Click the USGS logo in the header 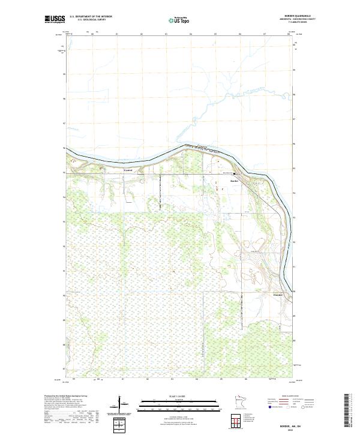pos(55,20)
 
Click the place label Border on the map pos(235,180)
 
